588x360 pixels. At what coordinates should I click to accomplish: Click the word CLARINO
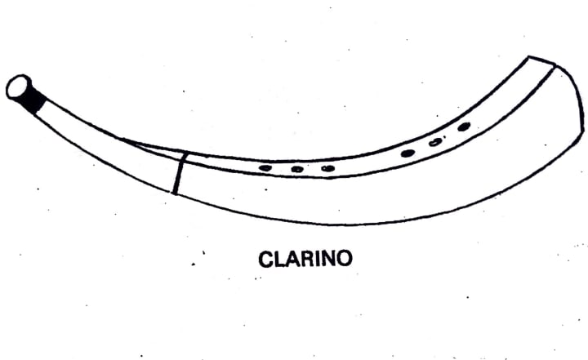point(305,260)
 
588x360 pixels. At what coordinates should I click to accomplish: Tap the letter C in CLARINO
point(265,260)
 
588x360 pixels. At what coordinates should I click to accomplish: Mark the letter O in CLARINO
point(344,260)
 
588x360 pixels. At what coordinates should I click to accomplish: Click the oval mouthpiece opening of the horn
point(18,87)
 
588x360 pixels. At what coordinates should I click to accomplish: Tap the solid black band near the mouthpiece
point(35,99)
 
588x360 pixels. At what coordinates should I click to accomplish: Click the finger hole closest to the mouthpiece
point(265,168)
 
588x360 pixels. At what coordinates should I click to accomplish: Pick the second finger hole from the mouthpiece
point(297,169)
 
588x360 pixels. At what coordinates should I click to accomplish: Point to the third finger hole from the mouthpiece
point(327,168)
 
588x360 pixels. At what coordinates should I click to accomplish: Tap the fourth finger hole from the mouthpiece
point(408,153)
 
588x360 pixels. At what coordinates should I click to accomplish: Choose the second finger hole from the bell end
point(435,142)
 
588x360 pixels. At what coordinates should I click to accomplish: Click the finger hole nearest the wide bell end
point(464,127)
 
